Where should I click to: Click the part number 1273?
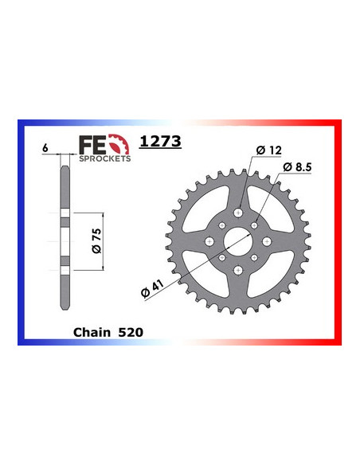click(160, 143)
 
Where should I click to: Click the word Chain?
click(90, 331)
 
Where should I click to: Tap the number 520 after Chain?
click(131, 331)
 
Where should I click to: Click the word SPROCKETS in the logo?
click(104, 158)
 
